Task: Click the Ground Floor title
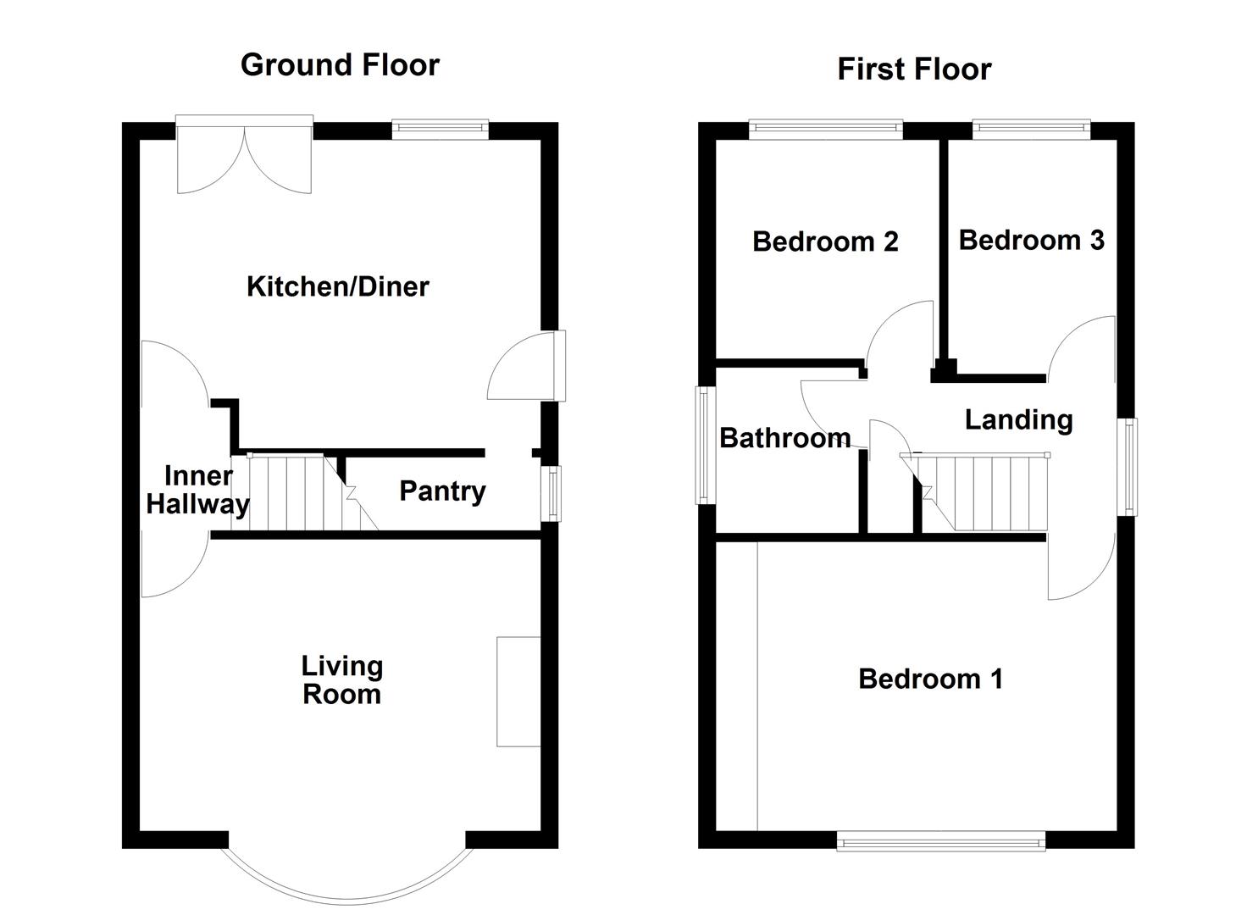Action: coord(340,65)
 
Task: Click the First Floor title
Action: coord(914,69)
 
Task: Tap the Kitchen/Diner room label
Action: coord(337,286)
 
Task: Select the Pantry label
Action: coord(442,491)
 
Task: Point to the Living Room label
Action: coord(341,680)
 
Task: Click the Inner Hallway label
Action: coord(197,490)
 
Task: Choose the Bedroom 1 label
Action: coord(930,679)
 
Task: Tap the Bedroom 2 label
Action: coord(824,241)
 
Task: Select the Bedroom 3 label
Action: coord(1031,240)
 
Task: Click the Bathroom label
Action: coord(784,438)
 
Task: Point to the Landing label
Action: coord(1018,419)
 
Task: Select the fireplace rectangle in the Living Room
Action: coord(518,691)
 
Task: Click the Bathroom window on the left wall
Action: coord(705,445)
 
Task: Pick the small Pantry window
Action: coord(551,493)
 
